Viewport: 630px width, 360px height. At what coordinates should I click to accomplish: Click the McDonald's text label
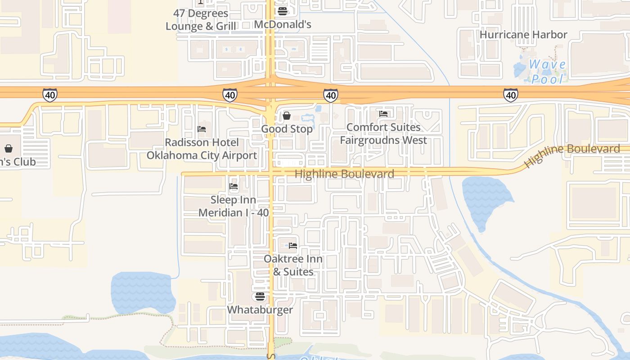tap(283, 24)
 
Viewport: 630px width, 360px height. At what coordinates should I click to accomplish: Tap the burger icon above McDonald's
tap(283, 11)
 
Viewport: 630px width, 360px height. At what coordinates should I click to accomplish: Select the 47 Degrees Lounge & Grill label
tap(201, 20)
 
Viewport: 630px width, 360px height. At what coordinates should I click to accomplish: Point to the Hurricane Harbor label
tap(523, 35)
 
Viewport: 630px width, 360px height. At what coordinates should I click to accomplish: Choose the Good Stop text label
tap(287, 129)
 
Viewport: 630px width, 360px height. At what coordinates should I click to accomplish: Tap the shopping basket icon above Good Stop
tap(286, 116)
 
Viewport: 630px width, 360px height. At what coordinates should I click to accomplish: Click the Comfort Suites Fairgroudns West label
tap(383, 134)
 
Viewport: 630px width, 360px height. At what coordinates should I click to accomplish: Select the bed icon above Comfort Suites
tap(383, 114)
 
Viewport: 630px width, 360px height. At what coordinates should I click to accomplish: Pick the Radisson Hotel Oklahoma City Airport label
tap(202, 149)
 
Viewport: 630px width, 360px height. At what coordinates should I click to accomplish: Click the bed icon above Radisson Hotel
tap(202, 129)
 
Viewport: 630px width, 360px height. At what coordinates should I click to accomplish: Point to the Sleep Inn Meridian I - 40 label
tap(234, 206)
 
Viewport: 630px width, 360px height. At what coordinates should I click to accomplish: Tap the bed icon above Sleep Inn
tap(234, 186)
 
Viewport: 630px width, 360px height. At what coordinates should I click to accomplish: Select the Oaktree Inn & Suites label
tap(293, 265)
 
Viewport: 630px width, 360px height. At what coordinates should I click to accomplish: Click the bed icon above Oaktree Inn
tap(293, 246)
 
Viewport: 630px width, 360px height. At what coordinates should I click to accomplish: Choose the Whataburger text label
tap(260, 310)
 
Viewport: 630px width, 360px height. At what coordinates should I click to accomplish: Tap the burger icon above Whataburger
tap(260, 297)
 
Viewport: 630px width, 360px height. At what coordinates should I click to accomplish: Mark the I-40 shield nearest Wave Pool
tap(511, 95)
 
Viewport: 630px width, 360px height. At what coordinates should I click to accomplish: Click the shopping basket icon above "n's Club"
tap(9, 148)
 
